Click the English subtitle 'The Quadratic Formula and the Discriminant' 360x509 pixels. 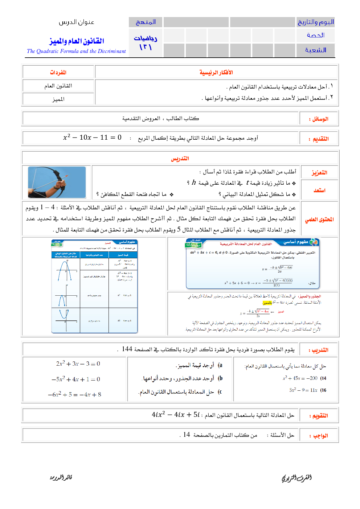coord(76,51)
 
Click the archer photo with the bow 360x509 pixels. coord(57,182)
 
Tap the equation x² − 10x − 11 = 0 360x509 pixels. coord(92,137)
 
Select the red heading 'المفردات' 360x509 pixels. coord(58,73)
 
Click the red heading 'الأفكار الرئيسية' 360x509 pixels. coord(216,73)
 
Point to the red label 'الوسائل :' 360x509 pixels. coord(319,119)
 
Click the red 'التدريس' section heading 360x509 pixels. coord(180,159)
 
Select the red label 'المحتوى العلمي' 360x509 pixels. coord(319,219)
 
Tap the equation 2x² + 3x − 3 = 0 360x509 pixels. coord(78,364)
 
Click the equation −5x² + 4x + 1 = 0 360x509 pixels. coord(76,379)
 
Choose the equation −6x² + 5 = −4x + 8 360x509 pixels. coord(75,394)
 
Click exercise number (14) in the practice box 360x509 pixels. coord(323,378)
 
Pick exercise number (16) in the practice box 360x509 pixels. coord(323,390)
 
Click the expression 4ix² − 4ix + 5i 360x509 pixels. coord(176,415)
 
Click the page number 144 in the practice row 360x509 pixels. coord(127,349)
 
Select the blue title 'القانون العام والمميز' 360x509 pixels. coord(77,41)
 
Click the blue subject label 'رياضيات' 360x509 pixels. coord(146,38)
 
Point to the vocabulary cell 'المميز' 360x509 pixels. coord(58,99)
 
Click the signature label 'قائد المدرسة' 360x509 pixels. coord(61,477)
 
